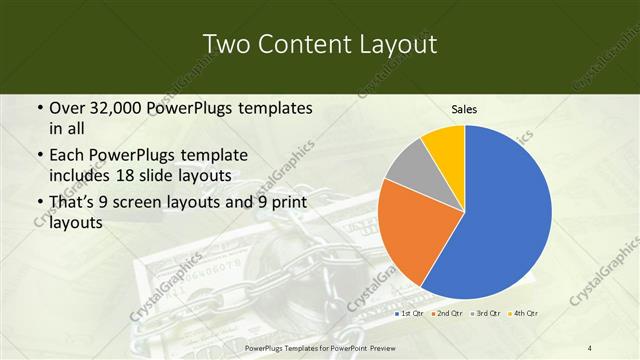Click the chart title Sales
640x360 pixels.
point(464,109)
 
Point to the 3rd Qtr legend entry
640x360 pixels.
point(489,314)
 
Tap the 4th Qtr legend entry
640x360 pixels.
point(526,314)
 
